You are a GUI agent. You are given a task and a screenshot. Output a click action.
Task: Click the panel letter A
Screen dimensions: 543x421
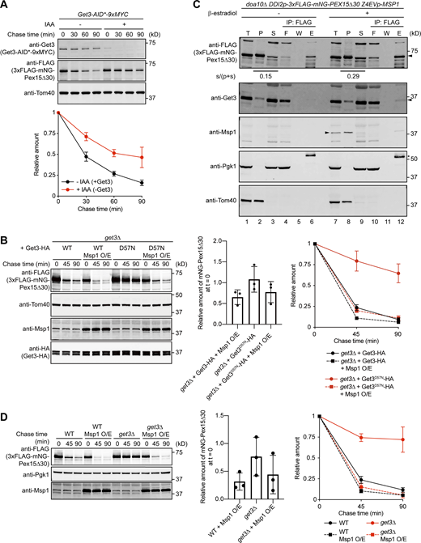point(6,6)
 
